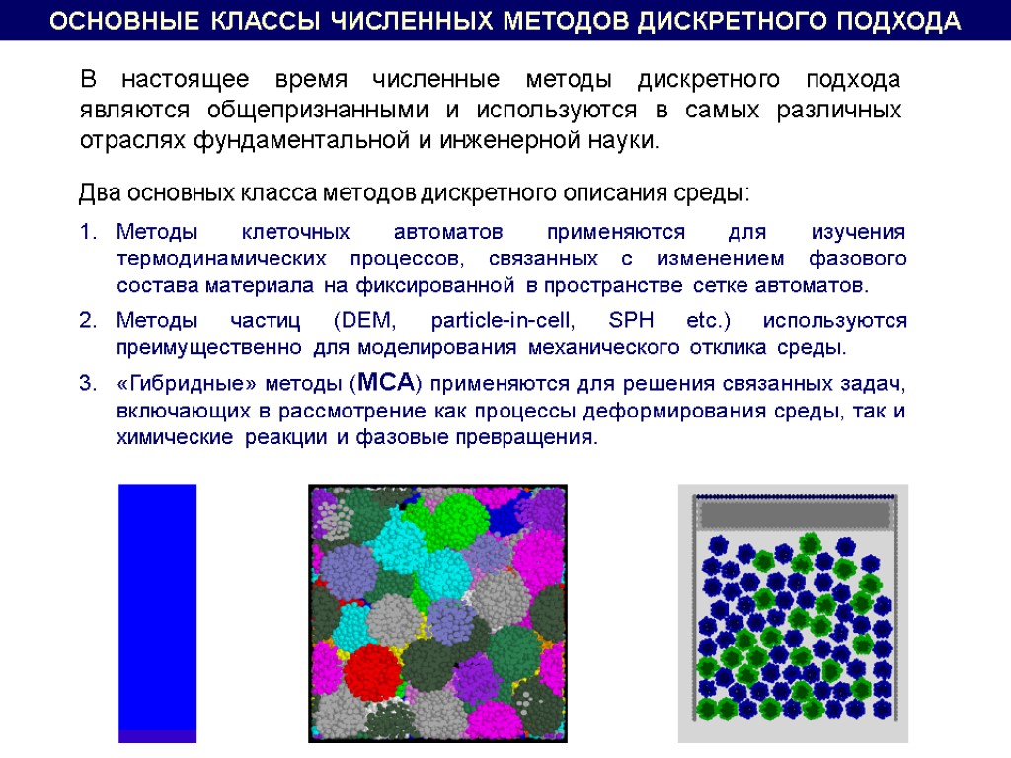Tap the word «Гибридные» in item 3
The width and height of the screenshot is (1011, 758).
tap(180, 384)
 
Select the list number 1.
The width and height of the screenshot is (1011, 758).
tap(86, 233)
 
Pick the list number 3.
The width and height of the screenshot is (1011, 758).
tap(86, 384)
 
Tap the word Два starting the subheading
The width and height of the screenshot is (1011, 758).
tap(97, 191)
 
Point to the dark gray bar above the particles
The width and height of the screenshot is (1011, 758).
tap(794, 514)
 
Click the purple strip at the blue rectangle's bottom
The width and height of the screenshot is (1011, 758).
tap(158, 735)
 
